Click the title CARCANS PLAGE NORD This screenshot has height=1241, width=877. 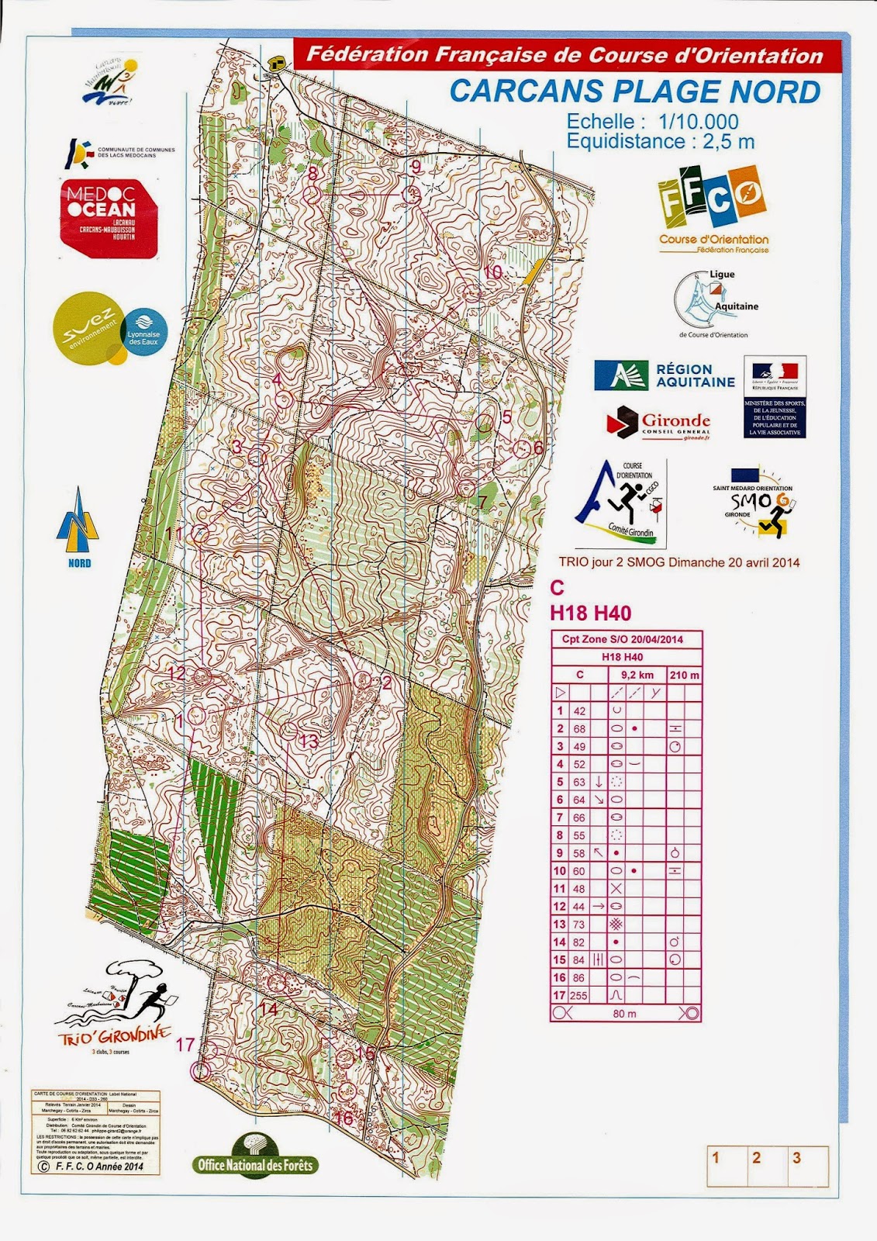634,92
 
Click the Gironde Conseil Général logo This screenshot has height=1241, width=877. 659,423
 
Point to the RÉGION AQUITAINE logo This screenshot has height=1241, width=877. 665,375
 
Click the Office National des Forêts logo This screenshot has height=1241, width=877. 255,1158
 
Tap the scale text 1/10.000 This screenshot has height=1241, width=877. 698,121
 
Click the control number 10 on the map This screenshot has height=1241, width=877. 493,272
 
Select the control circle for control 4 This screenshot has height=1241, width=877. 284,400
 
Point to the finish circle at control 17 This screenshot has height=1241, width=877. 201,1070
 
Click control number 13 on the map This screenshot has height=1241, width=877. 309,741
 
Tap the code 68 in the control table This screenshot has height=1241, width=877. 579,729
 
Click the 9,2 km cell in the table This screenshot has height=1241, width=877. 637,675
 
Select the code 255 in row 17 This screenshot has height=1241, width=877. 578,996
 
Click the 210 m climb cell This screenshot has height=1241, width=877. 684,675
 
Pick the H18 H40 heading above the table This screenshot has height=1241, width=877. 590,614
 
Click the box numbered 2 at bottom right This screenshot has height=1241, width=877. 756,1158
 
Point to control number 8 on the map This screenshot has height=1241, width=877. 313,173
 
